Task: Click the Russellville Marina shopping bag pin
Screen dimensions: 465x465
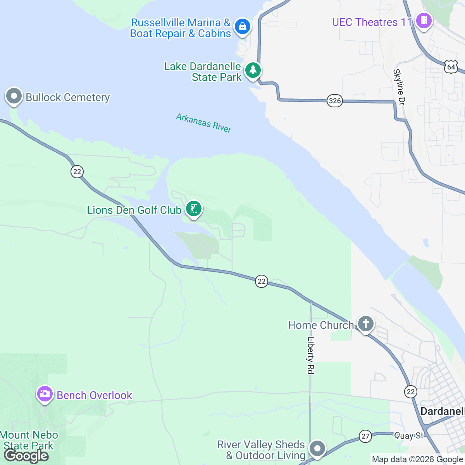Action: click(243, 27)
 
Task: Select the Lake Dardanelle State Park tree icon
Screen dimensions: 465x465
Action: click(253, 70)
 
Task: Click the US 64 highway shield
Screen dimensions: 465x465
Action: click(451, 67)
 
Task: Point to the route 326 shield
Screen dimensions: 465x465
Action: click(334, 101)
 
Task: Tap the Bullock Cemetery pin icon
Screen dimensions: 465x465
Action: click(14, 96)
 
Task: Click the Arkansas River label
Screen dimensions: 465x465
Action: click(204, 123)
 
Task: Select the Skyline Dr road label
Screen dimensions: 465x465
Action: click(399, 87)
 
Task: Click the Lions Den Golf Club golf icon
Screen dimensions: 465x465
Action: click(193, 209)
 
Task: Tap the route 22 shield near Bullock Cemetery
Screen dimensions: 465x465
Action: click(77, 172)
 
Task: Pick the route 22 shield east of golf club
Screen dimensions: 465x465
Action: click(262, 281)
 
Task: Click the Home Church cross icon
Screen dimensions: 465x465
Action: click(365, 324)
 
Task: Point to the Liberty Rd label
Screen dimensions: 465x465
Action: click(310, 355)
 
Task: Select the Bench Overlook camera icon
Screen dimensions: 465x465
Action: click(45, 394)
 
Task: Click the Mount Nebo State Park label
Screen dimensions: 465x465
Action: click(29, 441)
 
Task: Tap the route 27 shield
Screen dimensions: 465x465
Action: click(365, 436)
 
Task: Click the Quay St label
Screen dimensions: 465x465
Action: click(409, 436)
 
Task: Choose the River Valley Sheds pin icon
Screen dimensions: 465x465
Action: click(317, 449)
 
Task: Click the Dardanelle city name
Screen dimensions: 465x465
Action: click(442, 411)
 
